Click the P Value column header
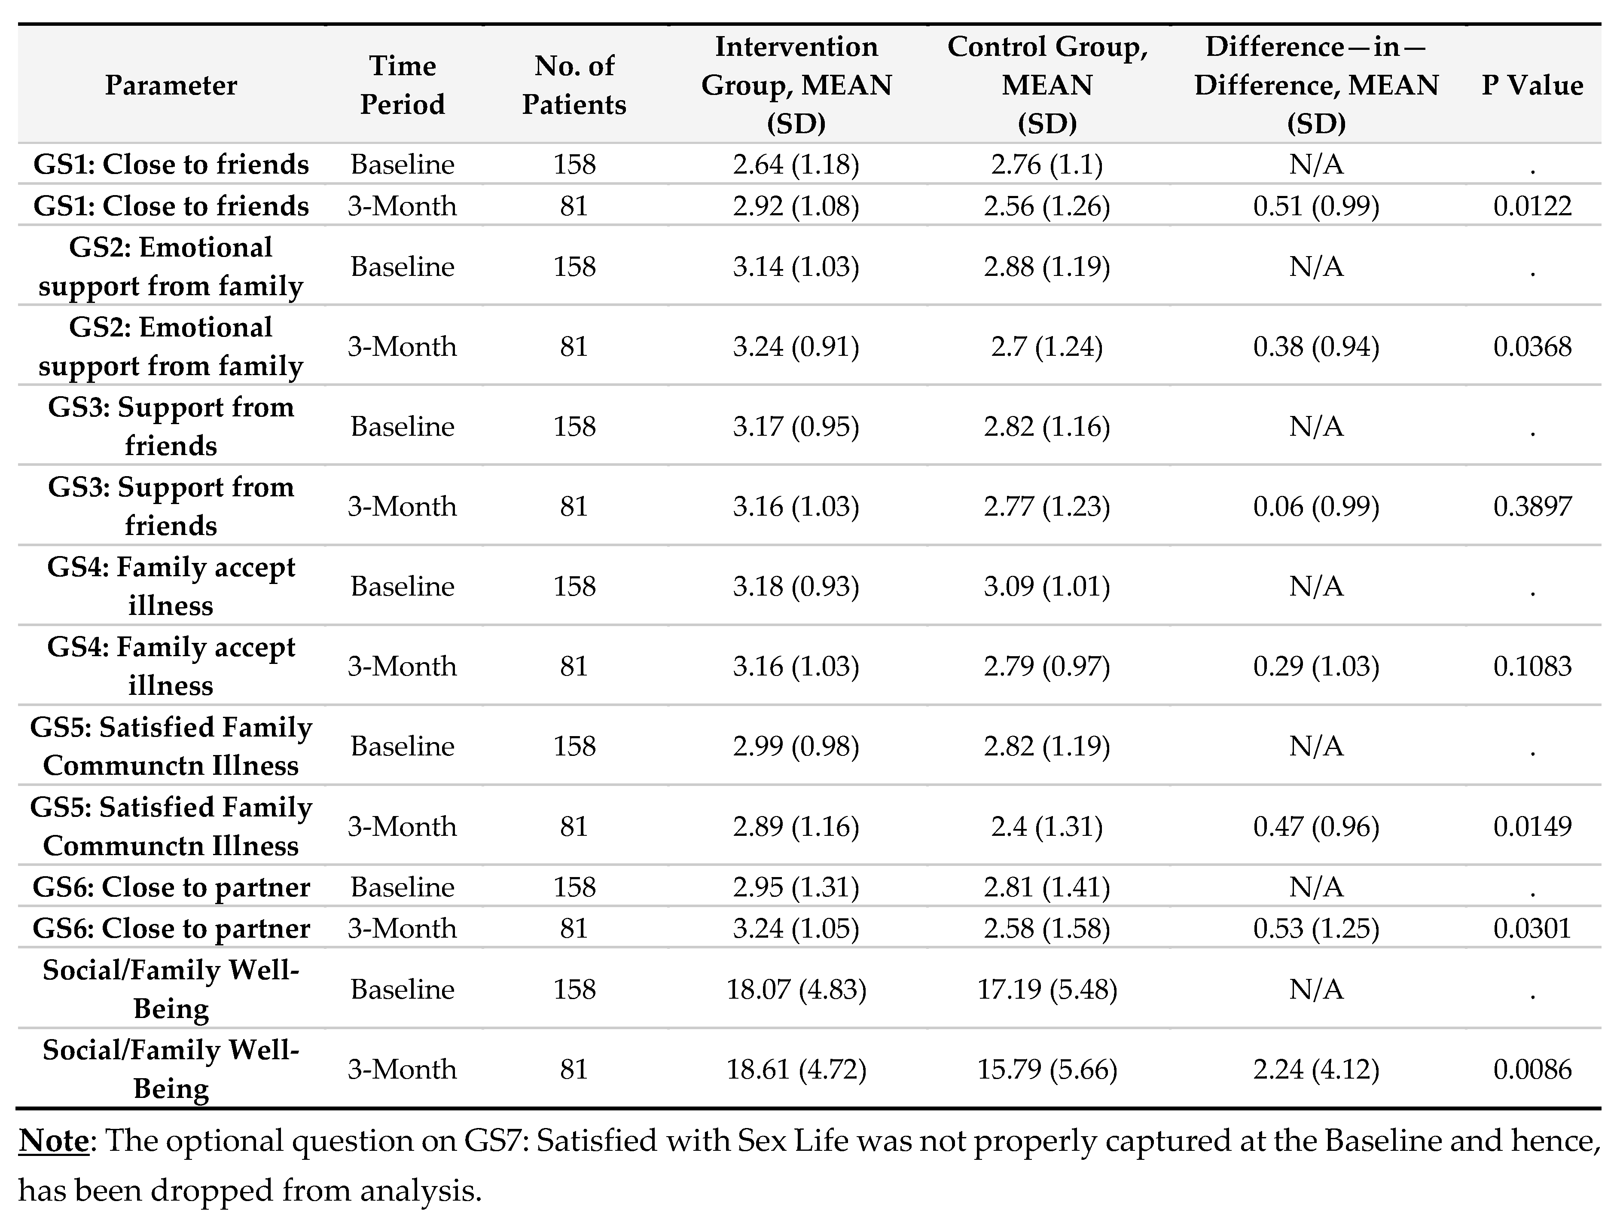[x=1532, y=86]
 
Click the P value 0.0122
[x=1532, y=206]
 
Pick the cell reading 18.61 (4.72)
[x=796, y=1069]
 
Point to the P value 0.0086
[x=1532, y=1069]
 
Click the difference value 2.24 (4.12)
[x=1316, y=1069]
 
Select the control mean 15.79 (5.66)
[x=1047, y=1069]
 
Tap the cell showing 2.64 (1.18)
[x=796, y=164]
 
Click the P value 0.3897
[x=1532, y=506]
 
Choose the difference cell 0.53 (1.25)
[x=1316, y=928]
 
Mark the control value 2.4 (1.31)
[x=1047, y=826]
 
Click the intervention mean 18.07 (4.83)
[x=796, y=990]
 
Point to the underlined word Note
[x=53, y=1141]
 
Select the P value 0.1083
[x=1532, y=666]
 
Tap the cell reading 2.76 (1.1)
[x=1047, y=164]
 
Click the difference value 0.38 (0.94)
[x=1316, y=346]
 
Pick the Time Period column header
[x=402, y=86]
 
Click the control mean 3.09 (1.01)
[x=1047, y=586]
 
